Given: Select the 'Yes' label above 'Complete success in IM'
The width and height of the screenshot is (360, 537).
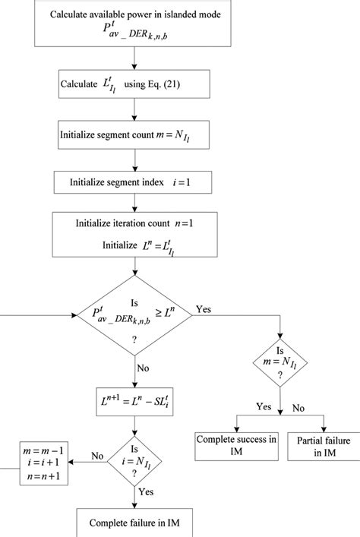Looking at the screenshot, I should pos(263,407).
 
